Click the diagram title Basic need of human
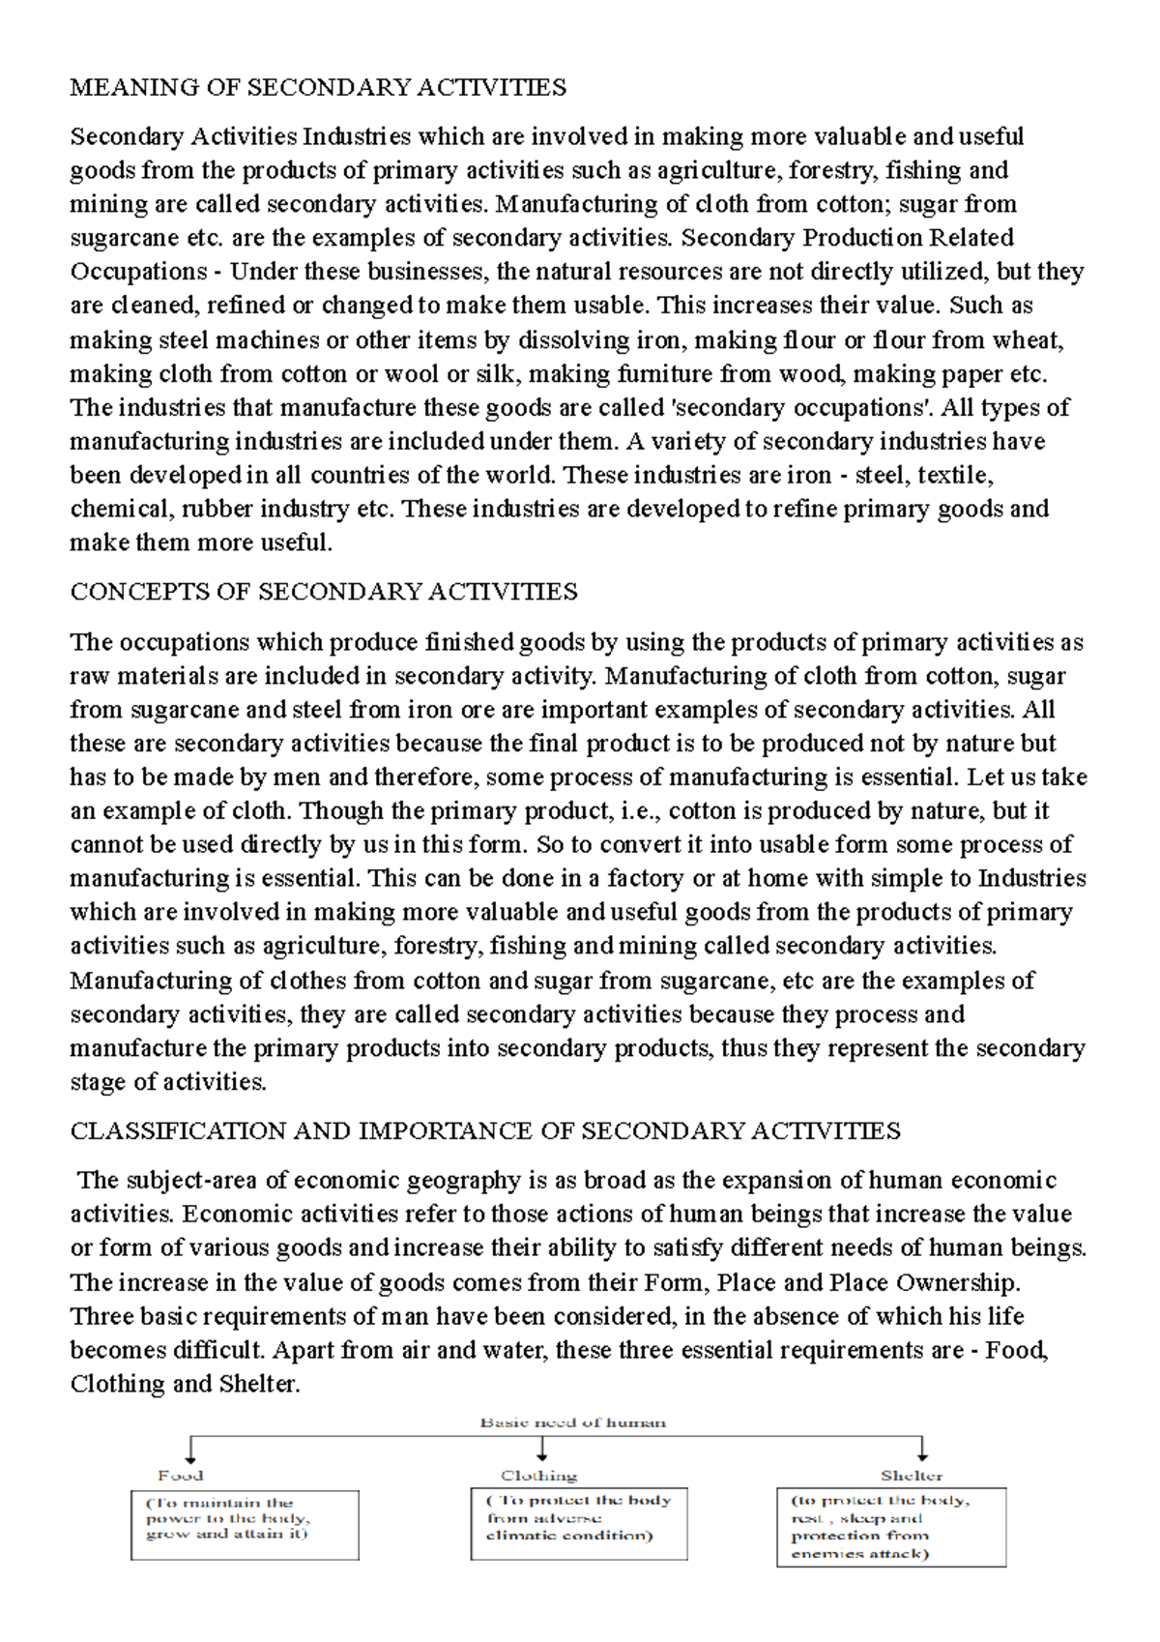[573, 1422]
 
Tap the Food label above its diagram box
[181, 1476]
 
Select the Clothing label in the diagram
[539, 1476]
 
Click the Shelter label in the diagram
[912, 1476]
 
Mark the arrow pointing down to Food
[191, 1451]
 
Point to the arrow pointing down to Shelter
[923, 1450]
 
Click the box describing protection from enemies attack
[891, 1527]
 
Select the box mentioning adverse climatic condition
[579, 1523]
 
